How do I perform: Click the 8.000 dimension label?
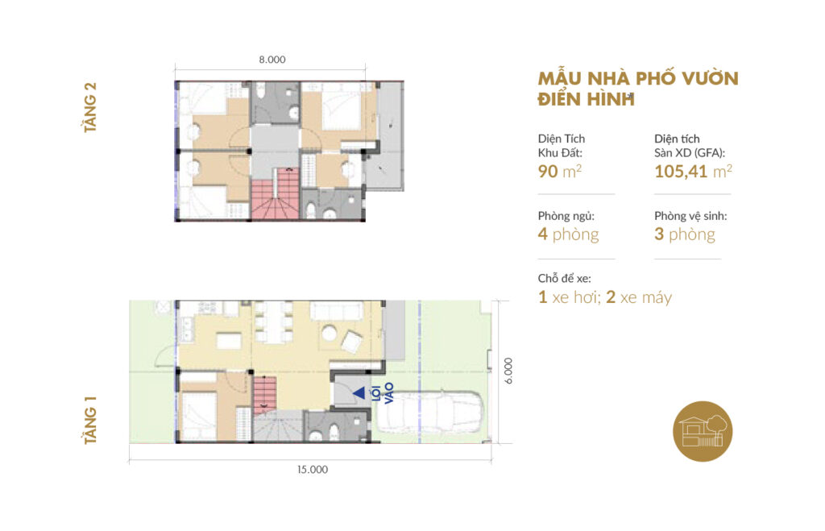pyautogui.click(x=272, y=60)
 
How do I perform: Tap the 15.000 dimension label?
pyautogui.click(x=313, y=470)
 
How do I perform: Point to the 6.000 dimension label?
pyautogui.click(x=508, y=371)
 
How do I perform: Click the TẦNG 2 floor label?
pyautogui.click(x=90, y=107)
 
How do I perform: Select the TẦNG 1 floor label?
pyautogui.click(x=90, y=420)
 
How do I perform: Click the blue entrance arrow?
pyautogui.click(x=359, y=392)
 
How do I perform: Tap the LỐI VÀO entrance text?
pyautogui.click(x=383, y=394)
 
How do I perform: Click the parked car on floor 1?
pyautogui.click(x=431, y=412)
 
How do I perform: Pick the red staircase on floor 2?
pyautogui.click(x=276, y=193)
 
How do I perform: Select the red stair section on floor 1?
pyautogui.click(x=264, y=395)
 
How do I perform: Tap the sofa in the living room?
pyautogui.click(x=337, y=310)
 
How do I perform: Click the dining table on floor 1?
pyautogui.click(x=273, y=322)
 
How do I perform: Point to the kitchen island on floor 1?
pyautogui.click(x=229, y=341)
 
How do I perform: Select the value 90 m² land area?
pyautogui.click(x=559, y=171)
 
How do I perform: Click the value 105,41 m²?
pyautogui.click(x=693, y=171)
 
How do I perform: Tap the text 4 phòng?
pyautogui.click(x=568, y=234)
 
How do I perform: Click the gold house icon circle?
pyautogui.click(x=703, y=431)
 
